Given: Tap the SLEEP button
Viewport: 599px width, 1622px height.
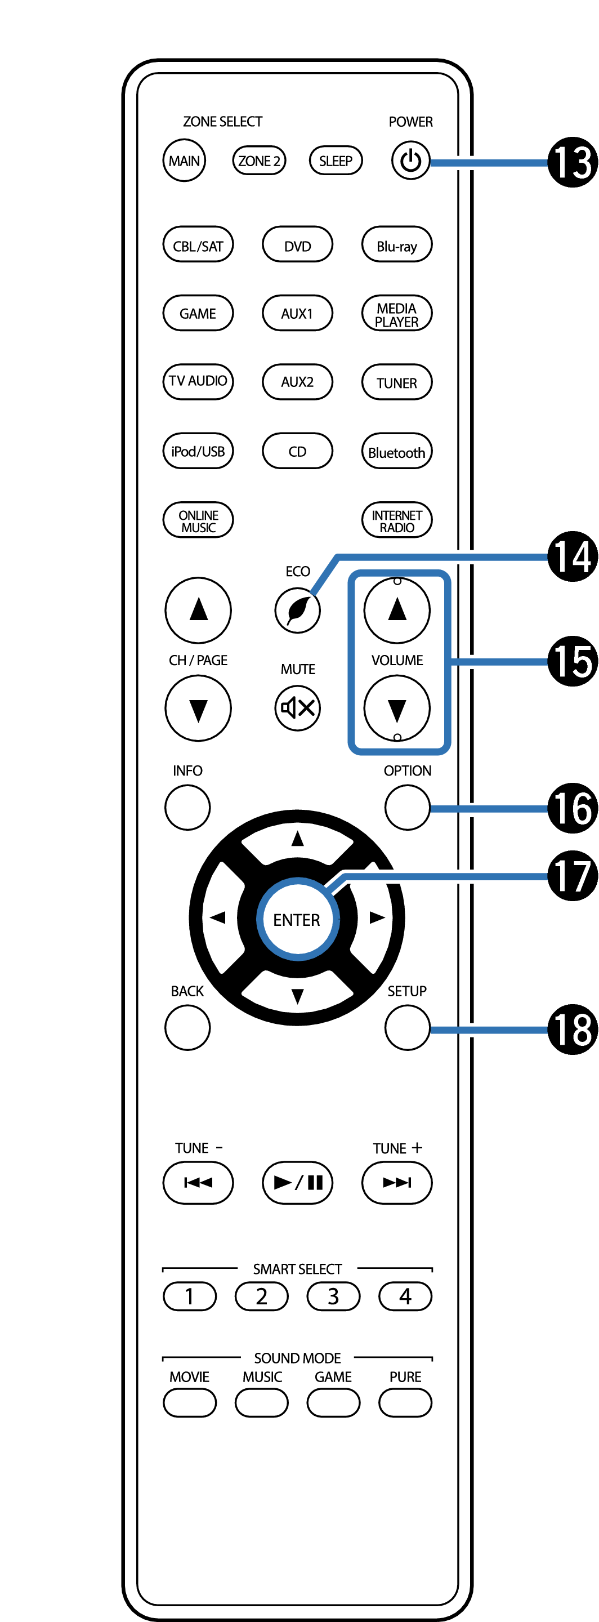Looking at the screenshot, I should coord(336,161).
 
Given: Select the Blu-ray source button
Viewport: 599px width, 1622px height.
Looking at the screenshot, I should coord(396,245).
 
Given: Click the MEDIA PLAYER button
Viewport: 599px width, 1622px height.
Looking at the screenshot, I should coord(396,314).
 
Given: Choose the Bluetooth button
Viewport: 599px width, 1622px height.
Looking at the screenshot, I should coord(396,452).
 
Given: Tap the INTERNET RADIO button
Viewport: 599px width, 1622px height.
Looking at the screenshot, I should coord(396,520).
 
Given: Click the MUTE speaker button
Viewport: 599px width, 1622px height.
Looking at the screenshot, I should coord(298,708).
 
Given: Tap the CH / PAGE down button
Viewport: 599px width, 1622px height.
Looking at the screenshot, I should coord(198,708).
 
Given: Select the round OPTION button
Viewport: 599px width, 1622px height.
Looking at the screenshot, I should coord(407,807).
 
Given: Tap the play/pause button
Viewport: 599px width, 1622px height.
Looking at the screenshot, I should coord(298,1183).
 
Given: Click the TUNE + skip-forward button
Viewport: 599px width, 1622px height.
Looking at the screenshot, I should coord(396,1183).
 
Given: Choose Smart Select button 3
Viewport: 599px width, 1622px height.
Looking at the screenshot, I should coord(333,1296).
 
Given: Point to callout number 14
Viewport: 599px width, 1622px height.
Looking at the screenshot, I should coord(572,556).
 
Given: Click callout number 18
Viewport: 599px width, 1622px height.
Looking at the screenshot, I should coord(572,1030).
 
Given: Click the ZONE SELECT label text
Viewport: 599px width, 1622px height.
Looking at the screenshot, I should coord(223,122).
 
